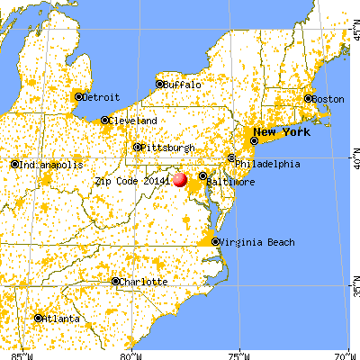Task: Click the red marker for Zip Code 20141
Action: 180,179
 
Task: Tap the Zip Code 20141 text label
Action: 132,180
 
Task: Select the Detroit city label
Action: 100,96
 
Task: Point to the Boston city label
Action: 329,98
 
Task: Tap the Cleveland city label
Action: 134,120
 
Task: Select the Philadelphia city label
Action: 268,164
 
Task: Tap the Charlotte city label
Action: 145,281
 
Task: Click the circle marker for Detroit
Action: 78,96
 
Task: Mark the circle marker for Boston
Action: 309,98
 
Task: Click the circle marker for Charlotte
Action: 115,281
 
